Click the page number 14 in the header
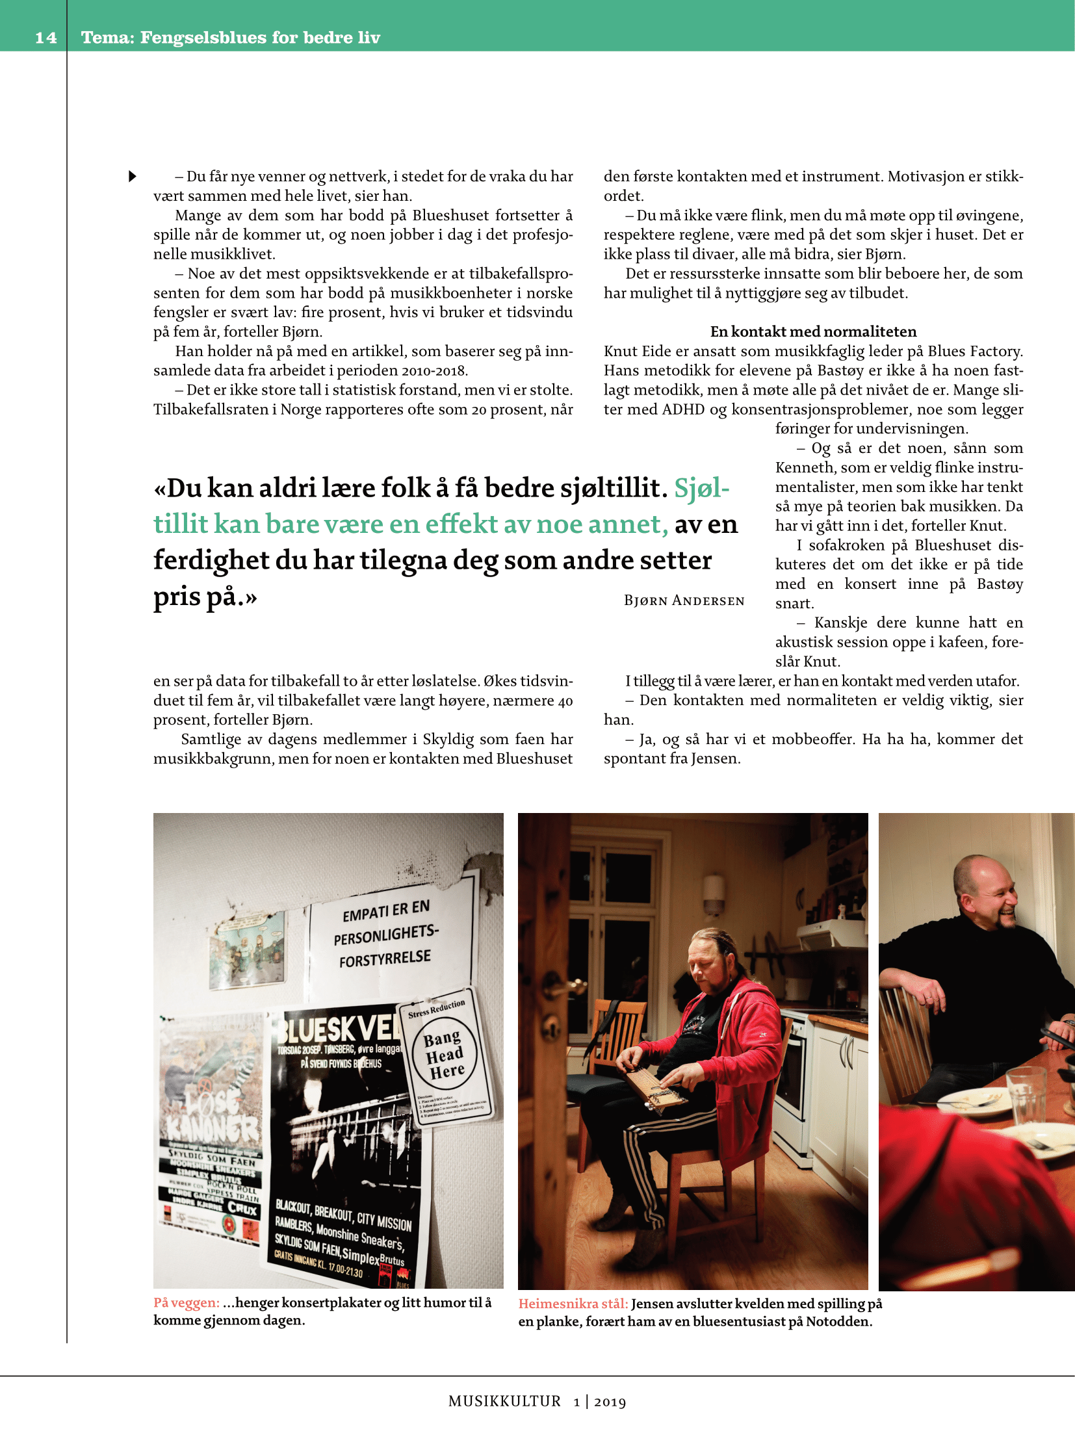(45, 38)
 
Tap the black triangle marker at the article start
(133, 176)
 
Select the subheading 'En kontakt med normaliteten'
(813, 331)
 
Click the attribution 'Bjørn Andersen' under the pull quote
(684, 600)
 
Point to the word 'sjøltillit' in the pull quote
(610, 488)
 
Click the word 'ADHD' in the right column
(683, 409)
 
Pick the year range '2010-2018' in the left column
(434, 370)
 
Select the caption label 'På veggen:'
(186, 1302)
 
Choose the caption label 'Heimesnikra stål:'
(573, 1304)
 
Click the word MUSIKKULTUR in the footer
(504, 1401)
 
